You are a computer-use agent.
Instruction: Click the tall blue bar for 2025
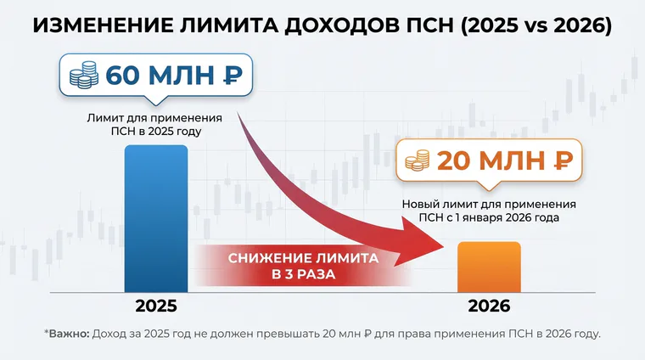tap(156, 218)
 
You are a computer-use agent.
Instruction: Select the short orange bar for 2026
tap(489, 267)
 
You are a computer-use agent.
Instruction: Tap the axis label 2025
tap(156, 307)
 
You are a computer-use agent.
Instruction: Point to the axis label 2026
tap(489, 307)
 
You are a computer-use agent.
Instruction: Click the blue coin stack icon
tap(84, 76)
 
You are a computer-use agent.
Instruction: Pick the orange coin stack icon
tap(417, 160)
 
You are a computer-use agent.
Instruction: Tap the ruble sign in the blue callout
tap(233, 76)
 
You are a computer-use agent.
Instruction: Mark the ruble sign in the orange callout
tap(564, 160)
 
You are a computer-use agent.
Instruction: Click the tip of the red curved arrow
tap(444, 248)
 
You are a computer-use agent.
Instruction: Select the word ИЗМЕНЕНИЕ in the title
tap(100, 25)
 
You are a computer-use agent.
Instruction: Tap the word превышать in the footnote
tap(288, 334)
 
